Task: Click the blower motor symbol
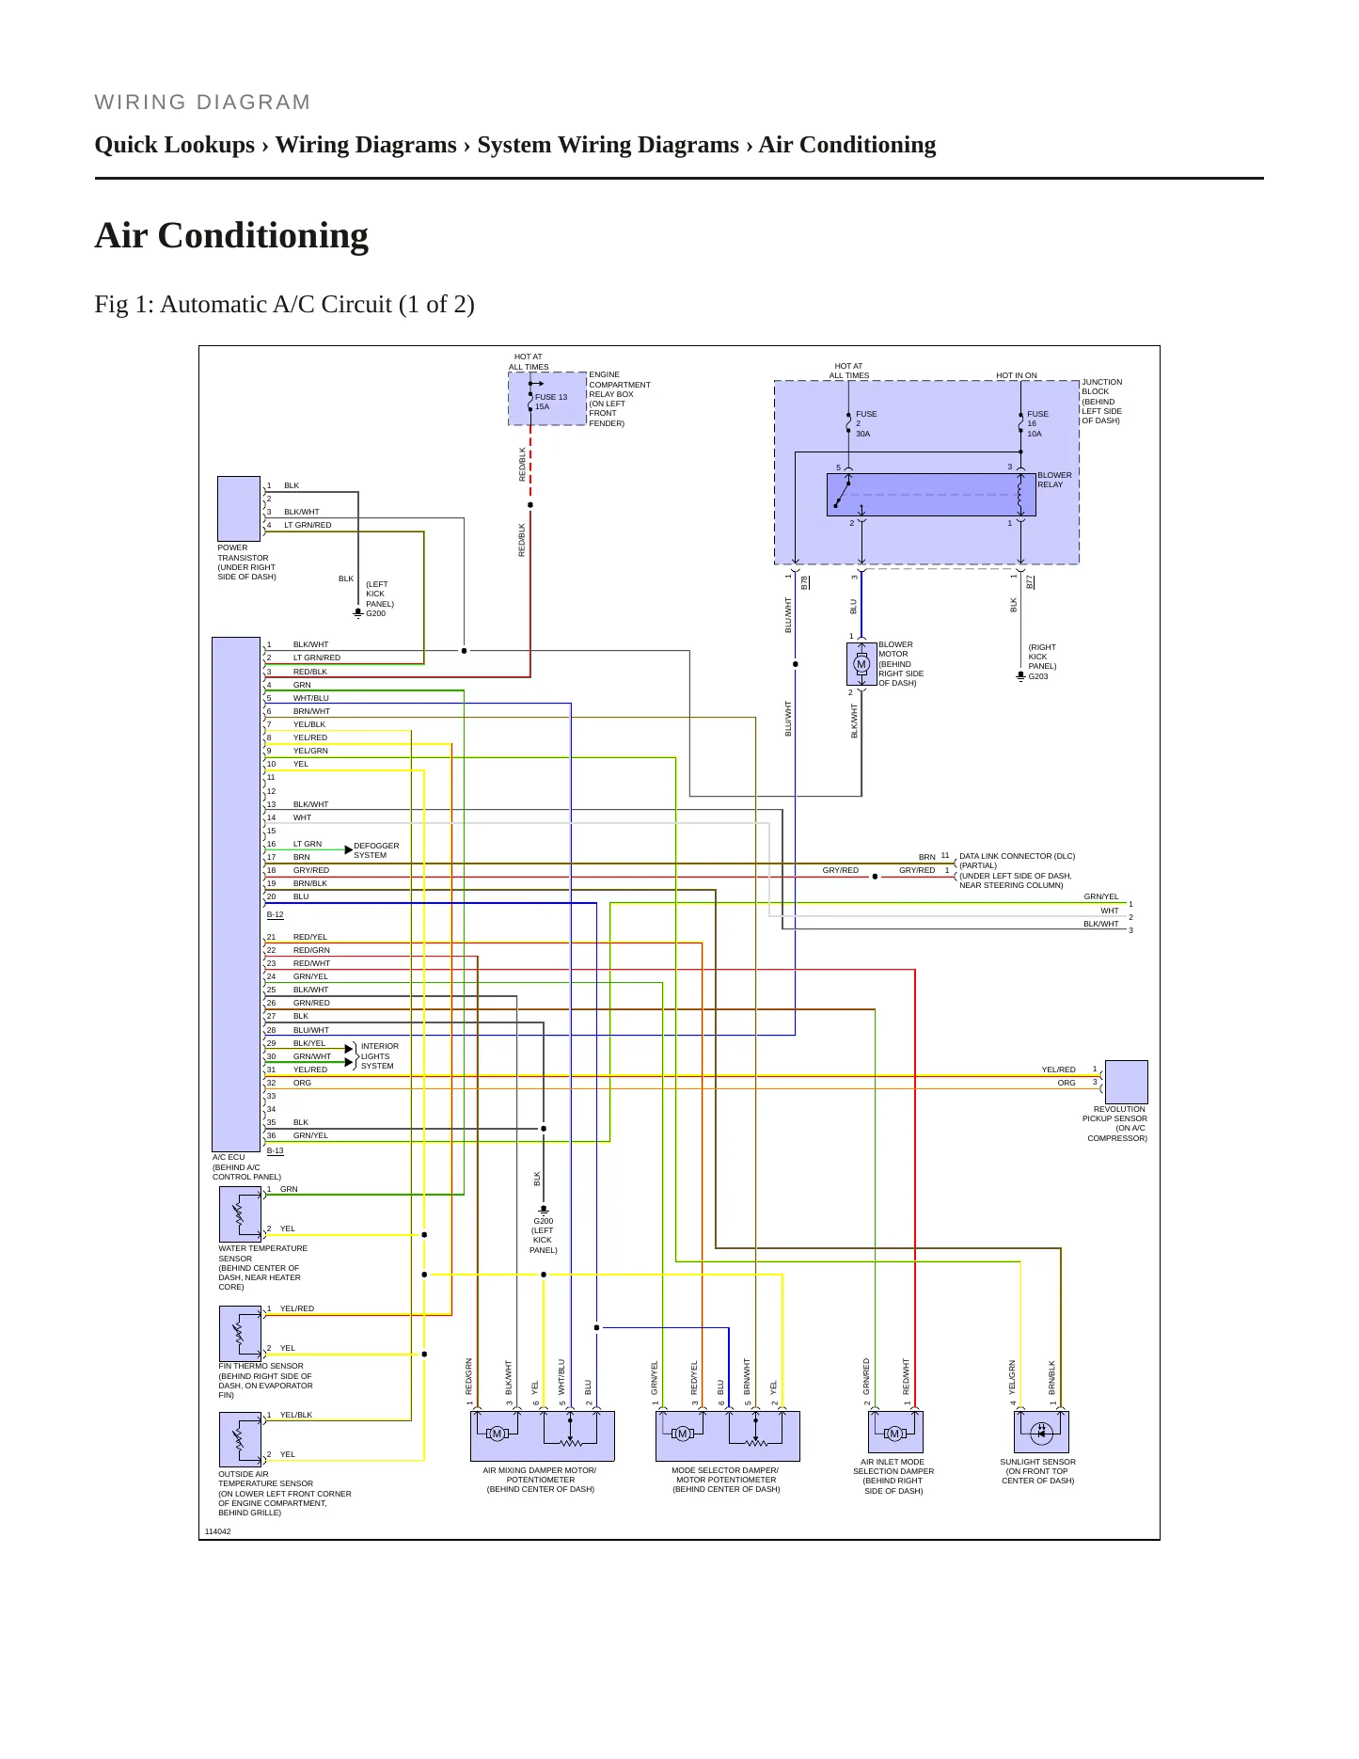click(x=861, y=664)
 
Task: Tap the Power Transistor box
click(x=239, y=509)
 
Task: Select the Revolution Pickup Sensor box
click(x=1126, y=1082)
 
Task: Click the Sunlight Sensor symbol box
click(x=1041, y=1432)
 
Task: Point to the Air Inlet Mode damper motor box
click(x=895, y=1432)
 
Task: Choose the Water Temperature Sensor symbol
click(x=241, y=1214)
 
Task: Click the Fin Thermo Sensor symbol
click(x=241, y=1334)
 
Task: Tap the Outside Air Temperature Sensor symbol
click(x=241, y=1440)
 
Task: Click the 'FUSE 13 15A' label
click(x=551, y=402)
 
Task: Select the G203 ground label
click(x=1038, y=676)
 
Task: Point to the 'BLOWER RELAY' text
click(x=1054, y=480)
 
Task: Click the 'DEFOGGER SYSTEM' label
click(x=376, y=850)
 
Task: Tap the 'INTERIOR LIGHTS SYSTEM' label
click(x=379, y=1055)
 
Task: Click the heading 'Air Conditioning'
click(x=231, y=235)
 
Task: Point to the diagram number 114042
click(x=217, y=1531)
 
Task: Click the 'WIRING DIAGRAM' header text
click(x=202, y=103)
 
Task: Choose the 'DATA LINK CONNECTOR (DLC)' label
click(x=1017, y=856)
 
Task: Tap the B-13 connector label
click(x=275, y=1150)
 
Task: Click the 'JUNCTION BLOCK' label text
click(x=1101, y=387)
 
